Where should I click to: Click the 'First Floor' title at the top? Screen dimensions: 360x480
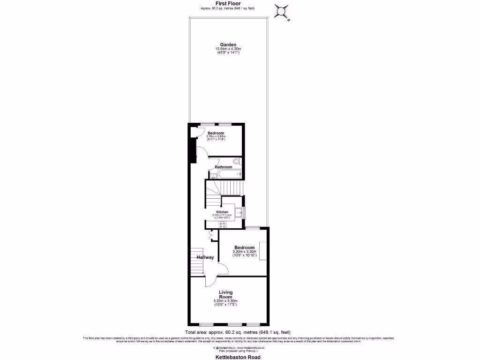point(228,3)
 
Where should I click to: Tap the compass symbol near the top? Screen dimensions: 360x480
point(282,12)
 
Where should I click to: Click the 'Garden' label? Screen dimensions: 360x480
point(228,45)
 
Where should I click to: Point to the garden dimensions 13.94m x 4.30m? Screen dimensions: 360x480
point(228,49)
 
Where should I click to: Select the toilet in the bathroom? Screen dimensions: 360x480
point(237,162)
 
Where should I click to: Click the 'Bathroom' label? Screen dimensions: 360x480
point(223,167)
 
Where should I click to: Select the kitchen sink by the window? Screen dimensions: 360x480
point(240,213)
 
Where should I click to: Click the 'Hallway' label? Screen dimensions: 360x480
point(205,257)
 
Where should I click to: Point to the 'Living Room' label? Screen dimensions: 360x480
point(225,294)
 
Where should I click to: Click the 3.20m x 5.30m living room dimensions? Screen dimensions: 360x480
point(225,301)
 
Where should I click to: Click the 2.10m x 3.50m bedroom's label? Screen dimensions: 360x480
point(216,133)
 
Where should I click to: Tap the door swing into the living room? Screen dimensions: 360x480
point(211,280)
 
